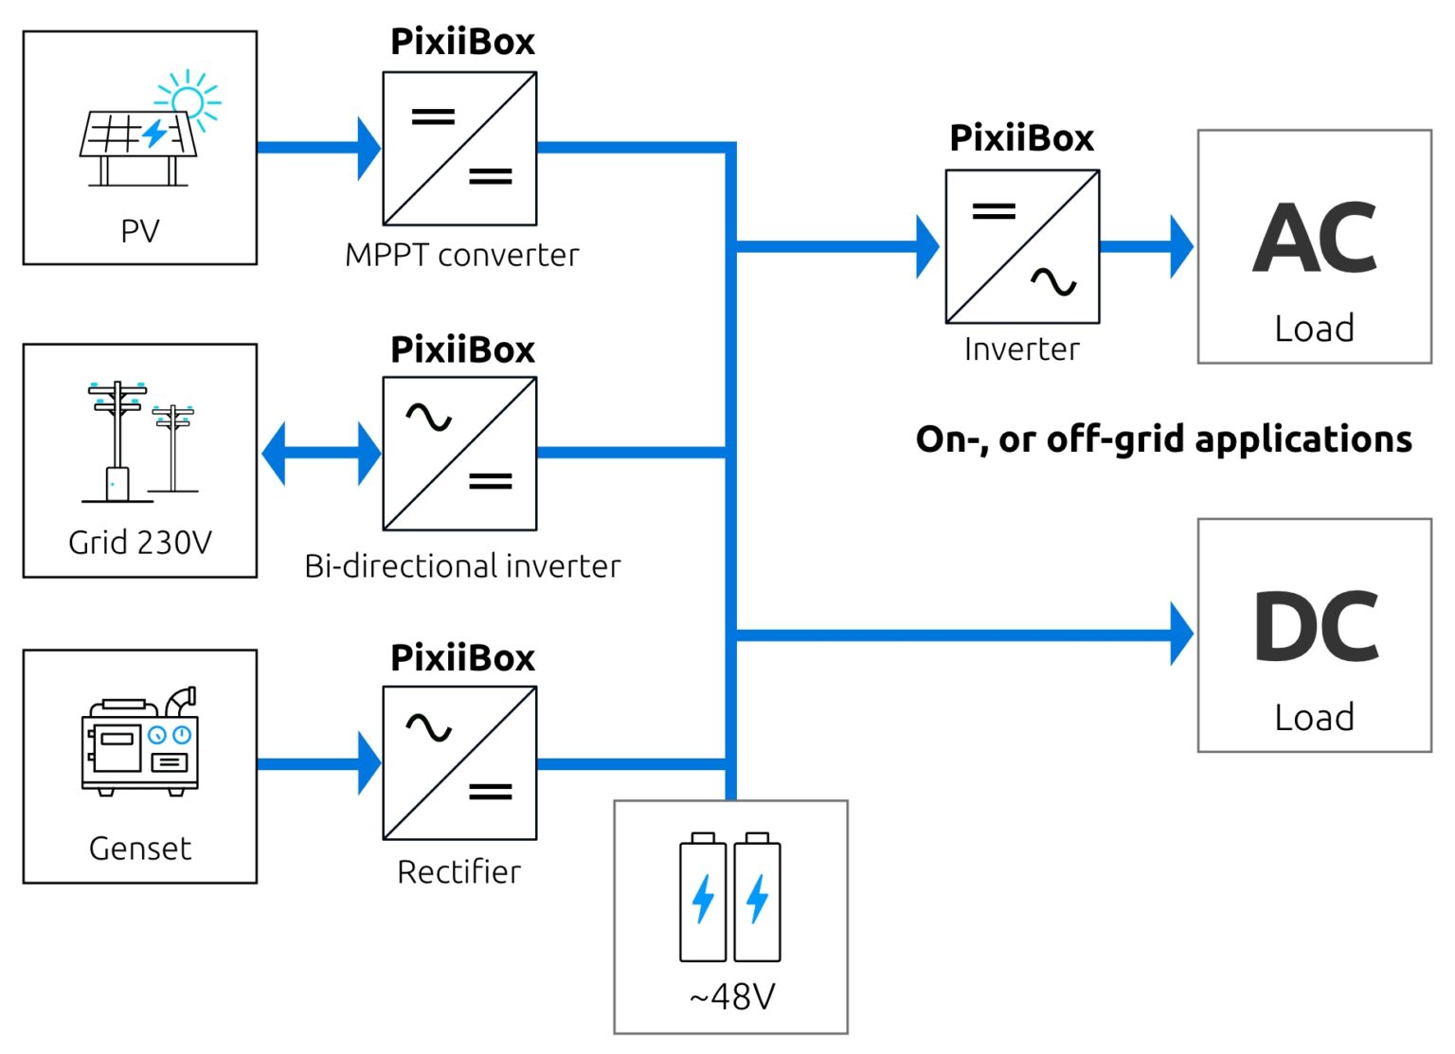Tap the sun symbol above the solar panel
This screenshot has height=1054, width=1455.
[x=189, y=98]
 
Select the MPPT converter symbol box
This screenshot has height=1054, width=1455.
[x=459, y=149]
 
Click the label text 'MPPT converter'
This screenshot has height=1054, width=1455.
[x=461, y=255]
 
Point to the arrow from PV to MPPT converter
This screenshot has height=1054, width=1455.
[x=318, y=148]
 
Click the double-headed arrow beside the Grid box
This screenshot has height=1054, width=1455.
[x=320, y=454]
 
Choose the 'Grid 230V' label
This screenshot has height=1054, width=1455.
[x=140, y=543]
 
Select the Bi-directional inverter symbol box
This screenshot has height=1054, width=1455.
[x=459, y=454]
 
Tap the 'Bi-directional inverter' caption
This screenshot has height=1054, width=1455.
[x=462, y=566]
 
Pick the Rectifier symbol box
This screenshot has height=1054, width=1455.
[x=459, y=763]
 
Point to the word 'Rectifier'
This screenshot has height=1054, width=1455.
[x=458, y=872]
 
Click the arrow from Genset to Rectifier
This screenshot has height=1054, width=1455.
[x=318, y=763]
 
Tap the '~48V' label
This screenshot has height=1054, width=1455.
[x=731, y=996]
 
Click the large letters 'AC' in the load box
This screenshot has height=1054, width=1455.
[x=1314, y=239]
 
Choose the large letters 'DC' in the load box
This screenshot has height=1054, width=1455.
[x=1315, y=627]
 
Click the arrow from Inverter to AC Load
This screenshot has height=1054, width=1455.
[x=1146, y=246]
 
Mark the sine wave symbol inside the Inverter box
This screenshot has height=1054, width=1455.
[x=1053, y=281]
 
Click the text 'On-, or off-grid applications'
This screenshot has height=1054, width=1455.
[x=1163, y=439]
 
